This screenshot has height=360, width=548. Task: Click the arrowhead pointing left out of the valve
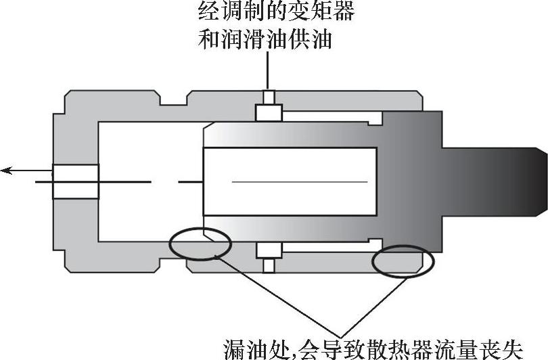[7, 171]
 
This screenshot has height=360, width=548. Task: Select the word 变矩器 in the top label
[328, 12]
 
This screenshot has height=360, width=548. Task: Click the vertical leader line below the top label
[269, 71]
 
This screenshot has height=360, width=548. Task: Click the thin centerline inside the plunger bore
[298, 182]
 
